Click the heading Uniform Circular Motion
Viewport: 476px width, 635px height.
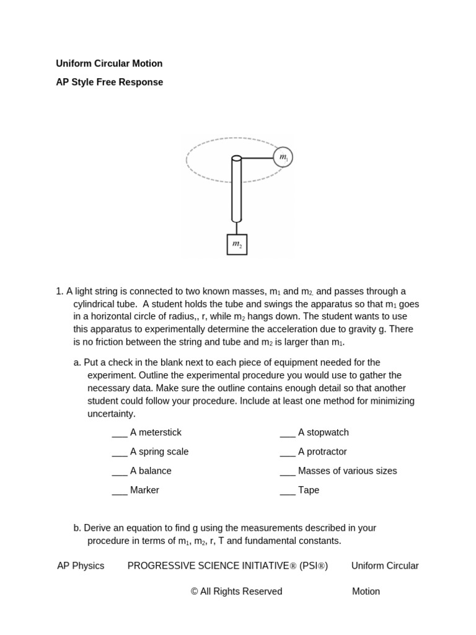109,63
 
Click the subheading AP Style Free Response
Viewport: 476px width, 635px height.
109,82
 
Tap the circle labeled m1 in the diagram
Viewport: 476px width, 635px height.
283,158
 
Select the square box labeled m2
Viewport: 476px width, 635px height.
237,244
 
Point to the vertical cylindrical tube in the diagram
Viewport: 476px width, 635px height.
236,189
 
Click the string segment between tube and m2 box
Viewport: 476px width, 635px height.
237,228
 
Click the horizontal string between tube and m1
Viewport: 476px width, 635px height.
257,158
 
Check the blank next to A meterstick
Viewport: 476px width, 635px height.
120,433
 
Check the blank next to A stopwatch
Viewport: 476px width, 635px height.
288,433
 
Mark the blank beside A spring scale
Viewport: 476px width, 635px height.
120,452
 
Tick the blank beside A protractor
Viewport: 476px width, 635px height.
288,452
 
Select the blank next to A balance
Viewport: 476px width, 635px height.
120,471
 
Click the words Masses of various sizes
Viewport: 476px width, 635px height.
347,471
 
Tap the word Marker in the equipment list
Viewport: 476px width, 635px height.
144,490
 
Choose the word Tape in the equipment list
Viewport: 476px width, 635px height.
309,490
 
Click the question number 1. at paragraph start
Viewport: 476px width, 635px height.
59,291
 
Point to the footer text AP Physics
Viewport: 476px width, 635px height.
81,566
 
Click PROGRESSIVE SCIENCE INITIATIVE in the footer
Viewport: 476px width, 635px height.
208,566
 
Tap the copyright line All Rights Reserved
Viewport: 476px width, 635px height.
236,591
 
